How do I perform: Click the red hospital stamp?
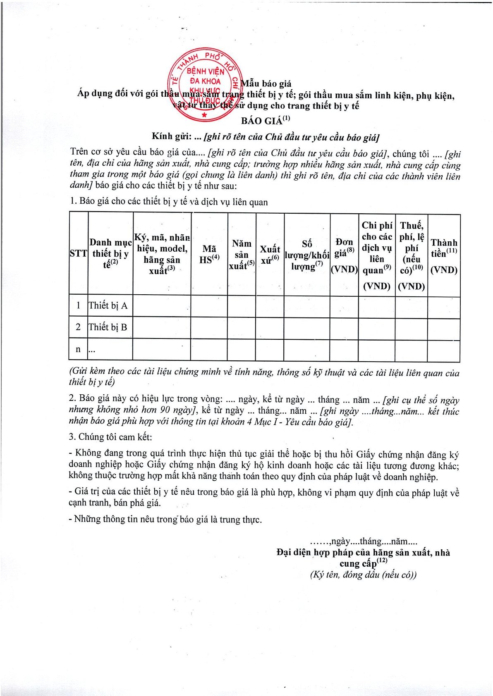(x=205, y=87)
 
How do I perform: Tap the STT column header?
(x=78, y=253)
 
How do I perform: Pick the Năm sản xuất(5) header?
(x=242, y=254)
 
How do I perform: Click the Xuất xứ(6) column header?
(x=270, y=254)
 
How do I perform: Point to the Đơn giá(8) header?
(x=344, y=254)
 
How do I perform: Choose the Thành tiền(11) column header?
(x=444, y=254)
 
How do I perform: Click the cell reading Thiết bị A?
(x=108, y=306)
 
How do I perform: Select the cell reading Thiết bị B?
(x=108, y=327)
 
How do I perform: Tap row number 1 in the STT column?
(x=78, y=306)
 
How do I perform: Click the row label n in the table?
(x=78, y=350)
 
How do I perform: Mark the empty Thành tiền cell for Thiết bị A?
(x=444, y=307)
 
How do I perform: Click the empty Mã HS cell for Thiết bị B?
(x=209, y=328)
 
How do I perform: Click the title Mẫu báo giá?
(x=266, y=84)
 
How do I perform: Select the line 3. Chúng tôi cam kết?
(x=110, y=437)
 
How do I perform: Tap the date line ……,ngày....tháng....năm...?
(x=364, y=541)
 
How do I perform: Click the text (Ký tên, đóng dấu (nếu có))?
(x=363, y=574)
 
